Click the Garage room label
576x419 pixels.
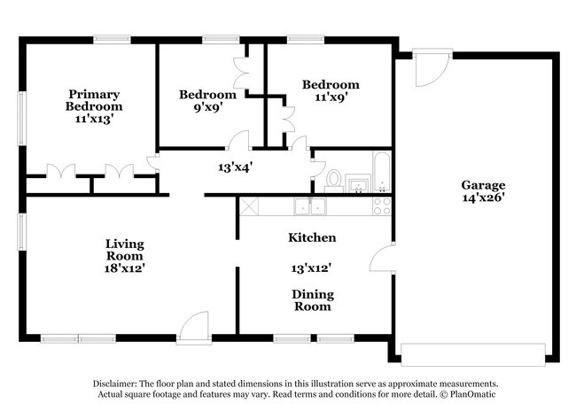tap(483, 185)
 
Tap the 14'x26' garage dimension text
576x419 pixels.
tap(483, 198)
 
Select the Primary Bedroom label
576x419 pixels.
tap(94, 100)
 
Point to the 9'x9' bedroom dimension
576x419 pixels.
tap(208, 107)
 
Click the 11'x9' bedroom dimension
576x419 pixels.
tap(331, 97)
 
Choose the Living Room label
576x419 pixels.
tap(125, 250)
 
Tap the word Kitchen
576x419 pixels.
tap(312, 237)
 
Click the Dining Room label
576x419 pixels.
tap(313, 300)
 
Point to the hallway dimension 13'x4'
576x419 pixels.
tap(235, 167)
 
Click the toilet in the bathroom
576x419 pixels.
tap(333, 181)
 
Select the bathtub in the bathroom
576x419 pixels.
tap(382, 172)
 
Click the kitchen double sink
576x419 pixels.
tap(310, 206)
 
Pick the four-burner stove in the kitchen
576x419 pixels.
tap(382, 206)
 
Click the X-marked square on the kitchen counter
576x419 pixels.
tap(249, 206)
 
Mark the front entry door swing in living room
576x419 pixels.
tap(193, 328)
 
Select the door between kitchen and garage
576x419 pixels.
tap(382, 258)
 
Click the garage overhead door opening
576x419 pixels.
tap(473, 354)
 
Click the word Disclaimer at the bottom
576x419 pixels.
tap(115, 384)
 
